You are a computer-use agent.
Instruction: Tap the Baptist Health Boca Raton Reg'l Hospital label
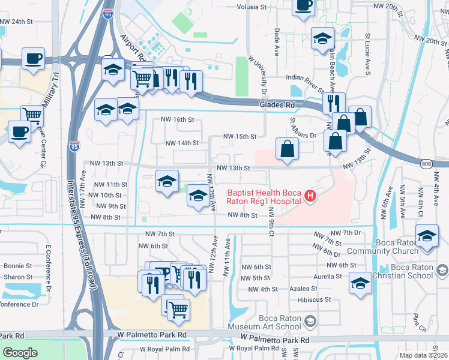click(264, 197)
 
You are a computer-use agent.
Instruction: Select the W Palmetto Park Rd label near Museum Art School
click(275, 340)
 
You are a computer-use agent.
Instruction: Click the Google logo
click(20, 353)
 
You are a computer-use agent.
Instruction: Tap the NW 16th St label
click(178, 119)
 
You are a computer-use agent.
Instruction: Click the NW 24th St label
click(16, 22)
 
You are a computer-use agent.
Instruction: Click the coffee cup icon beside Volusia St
click(304, 5)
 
